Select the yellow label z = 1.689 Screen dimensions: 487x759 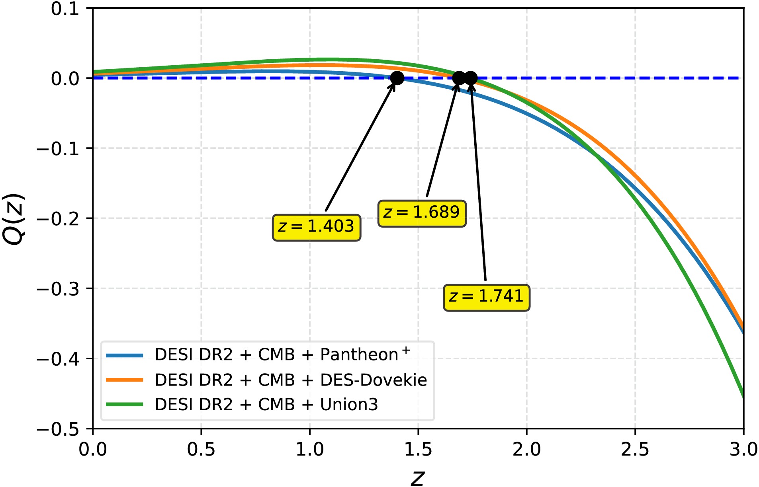[x=422, y=214]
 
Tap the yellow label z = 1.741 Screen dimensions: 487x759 [x=486, y=298]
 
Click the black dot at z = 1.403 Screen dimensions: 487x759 [x=397, y=78]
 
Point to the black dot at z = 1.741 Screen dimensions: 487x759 [x=471, y=78]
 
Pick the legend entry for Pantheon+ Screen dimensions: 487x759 [x=282, y=355]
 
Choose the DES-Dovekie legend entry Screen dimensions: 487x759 [x=291, y=380]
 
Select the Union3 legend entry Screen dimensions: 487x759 [x=266, y=405]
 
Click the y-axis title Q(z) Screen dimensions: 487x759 [x=14, y=219]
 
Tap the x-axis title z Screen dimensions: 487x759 [x=418, y=477]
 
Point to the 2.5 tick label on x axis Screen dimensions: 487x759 [x=635, y=450]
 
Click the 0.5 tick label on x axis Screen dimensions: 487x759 [x=201, y=450]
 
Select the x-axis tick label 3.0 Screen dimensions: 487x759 [x=743, y=450]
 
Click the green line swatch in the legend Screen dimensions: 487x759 [x=125, y=405]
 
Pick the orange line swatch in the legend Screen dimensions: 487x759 [x=125, y=380]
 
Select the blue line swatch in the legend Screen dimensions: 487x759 [x=125, y=355]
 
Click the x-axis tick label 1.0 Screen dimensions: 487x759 [x=309, y=450]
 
